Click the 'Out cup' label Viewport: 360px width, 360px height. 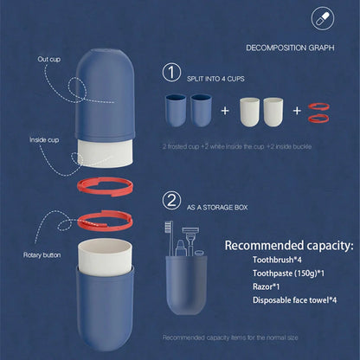coord(48,60)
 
